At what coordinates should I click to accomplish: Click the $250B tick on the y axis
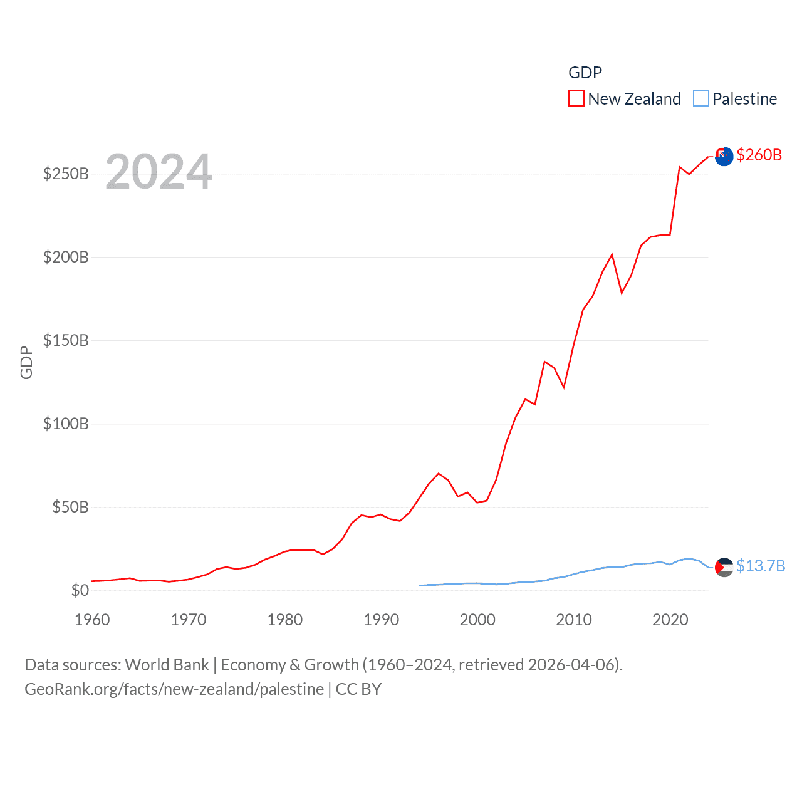coord(66,174)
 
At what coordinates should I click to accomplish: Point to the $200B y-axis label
coord(66,257)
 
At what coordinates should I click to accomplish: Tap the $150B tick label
coord(66,340)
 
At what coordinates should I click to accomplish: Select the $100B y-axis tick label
coord(66,424)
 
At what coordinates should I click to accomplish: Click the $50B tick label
coord(70,507)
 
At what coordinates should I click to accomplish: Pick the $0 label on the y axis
coord(80,590)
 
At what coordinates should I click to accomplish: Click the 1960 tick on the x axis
coord(92,620)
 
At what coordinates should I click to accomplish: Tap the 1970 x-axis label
coord(189,620)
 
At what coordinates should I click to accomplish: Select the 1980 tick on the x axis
coord(285,620)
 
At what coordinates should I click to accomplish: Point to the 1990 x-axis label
coord(381,620)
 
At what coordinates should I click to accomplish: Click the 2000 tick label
coord(477,620)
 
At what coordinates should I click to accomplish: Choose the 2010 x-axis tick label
coord(574,620)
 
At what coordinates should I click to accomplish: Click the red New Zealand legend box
coord(576,99)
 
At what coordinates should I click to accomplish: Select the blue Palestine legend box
coord(701,99)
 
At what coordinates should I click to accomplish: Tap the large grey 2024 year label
coord(159,172)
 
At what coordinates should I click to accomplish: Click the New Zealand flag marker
coord(724,156)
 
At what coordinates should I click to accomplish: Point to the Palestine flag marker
coord(724,567)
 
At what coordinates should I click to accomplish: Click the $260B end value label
coord(759,155)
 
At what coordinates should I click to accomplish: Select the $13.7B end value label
coord(761,566)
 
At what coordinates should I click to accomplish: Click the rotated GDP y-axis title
coord(26,362)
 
